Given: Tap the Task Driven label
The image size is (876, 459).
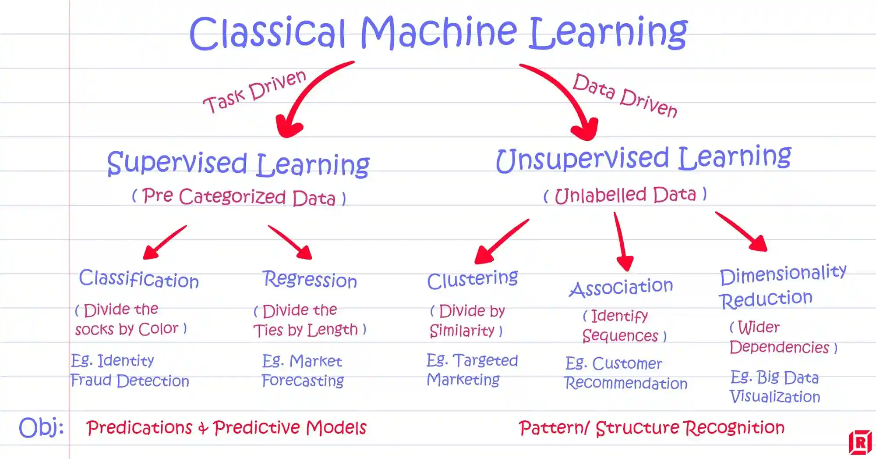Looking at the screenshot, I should [254, 92].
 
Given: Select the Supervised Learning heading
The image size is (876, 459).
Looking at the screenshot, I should [238, 164].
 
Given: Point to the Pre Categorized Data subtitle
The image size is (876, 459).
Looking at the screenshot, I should [239, 196].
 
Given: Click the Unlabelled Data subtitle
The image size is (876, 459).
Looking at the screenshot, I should [625, 195].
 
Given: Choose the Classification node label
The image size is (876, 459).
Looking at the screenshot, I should [139, 279].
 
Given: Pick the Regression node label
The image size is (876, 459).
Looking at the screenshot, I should [310, 280].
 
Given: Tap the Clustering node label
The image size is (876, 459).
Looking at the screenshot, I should [472, 280].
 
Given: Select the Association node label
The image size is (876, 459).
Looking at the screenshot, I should [621, 288].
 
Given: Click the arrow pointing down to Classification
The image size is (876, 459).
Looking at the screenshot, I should [164, 243].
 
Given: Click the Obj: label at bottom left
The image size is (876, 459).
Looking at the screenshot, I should [41, 427].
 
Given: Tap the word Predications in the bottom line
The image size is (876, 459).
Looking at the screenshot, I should [139, 428].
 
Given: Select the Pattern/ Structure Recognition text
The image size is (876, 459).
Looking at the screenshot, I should [651, 428].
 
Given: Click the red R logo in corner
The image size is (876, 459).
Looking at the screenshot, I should [860, 443].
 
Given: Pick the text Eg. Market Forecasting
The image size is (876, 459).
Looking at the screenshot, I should [302, 371].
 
